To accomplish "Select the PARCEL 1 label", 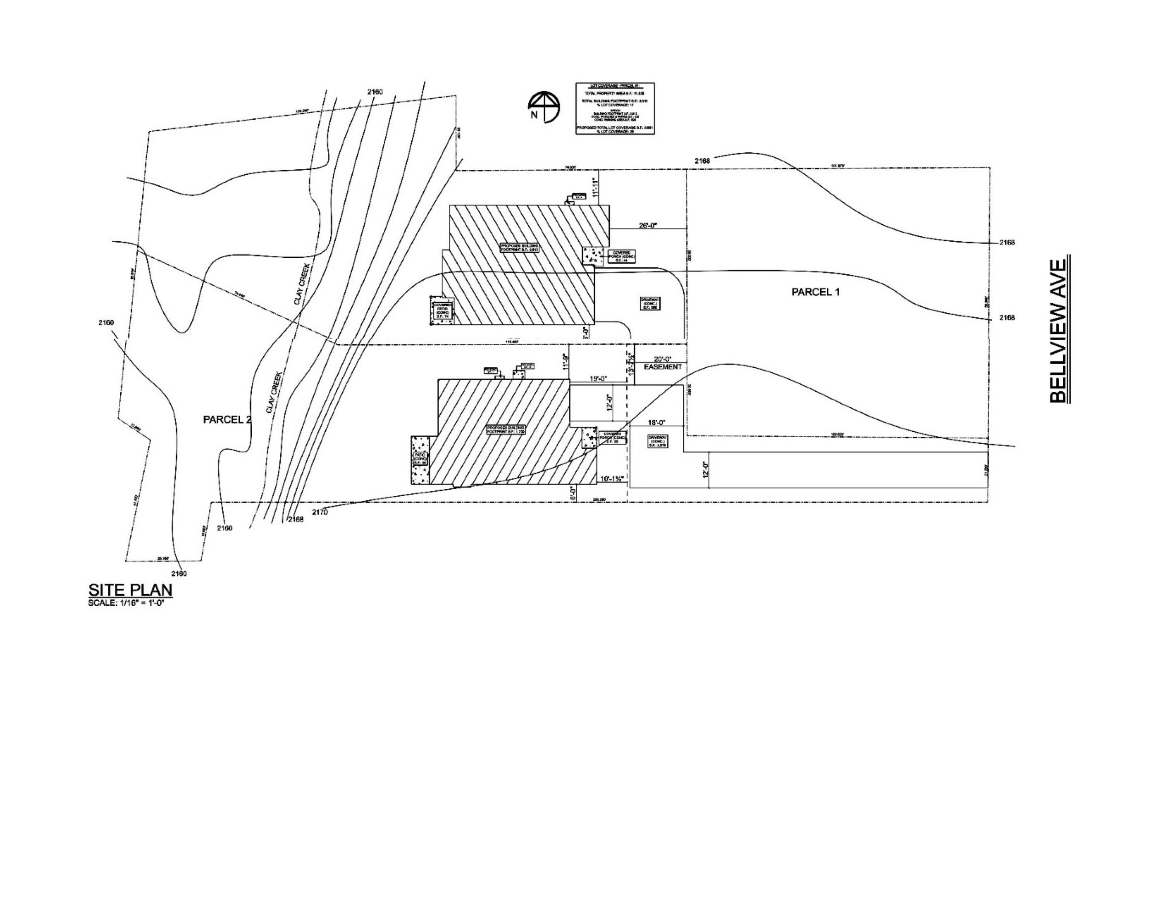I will point(816,292).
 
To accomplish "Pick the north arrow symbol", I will point(544,107).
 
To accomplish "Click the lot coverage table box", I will point(615,108).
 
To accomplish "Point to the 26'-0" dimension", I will point(648,225).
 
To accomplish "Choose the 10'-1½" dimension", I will point(611,478).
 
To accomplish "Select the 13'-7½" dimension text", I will point(632,364).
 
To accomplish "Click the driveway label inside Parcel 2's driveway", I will point(658,441).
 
